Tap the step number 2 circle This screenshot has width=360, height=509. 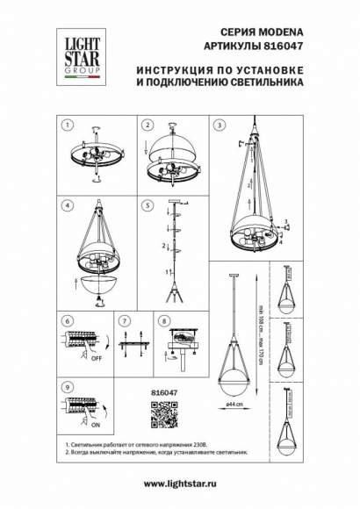click(x=148, y=125)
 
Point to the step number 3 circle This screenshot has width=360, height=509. click(x=219, y=125)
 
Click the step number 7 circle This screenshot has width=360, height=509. click(x=125, y=322)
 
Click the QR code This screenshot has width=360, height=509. click(x=164, y=412)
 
